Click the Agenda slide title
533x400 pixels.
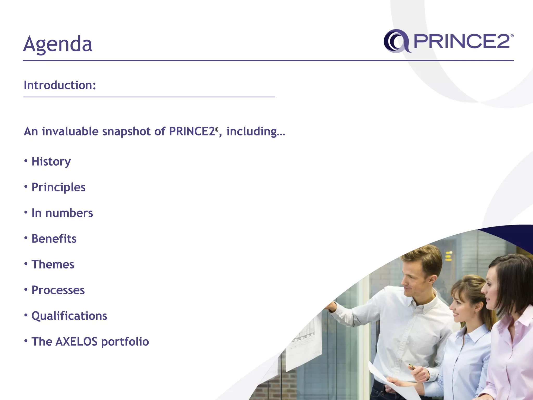click(x=58, y=44)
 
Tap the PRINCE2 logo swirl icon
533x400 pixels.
click(x=396, y=41)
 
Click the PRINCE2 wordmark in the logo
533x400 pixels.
click(x=462, y=41)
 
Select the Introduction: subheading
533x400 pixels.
click(x=60, y=85)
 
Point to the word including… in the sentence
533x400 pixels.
click(x=256, y=132)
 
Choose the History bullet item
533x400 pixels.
click(x=51, y=162)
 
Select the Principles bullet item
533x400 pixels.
click(x=58, y=187)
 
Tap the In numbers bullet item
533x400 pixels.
click(x=62, y=213)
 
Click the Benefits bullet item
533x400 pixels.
click(x=54, y=239)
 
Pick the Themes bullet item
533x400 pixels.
click(x=53, y=265)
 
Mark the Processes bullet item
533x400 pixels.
click(x=58, y=290)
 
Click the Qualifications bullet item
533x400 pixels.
click(x=69, y=316)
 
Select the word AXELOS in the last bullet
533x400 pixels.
click(x=77, y=342)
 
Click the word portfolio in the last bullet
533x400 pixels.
click(x=125, y=342)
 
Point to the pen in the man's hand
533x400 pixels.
click(x=412, y=367)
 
